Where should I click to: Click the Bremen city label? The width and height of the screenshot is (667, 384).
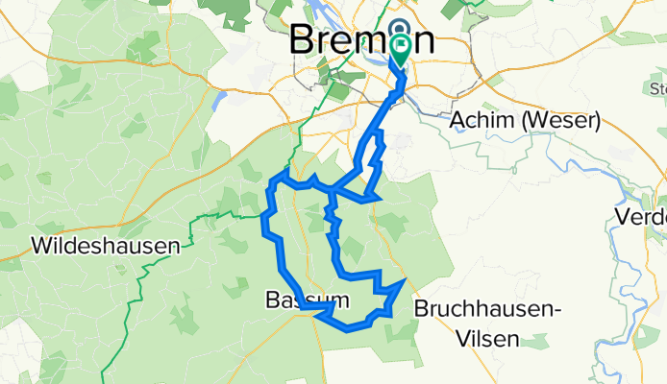pos(360,41)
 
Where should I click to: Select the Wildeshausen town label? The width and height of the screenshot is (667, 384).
pos(106,247)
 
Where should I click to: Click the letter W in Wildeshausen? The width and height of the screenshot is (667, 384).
pos(43,247)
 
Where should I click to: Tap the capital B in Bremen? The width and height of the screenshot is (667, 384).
pos(305,41)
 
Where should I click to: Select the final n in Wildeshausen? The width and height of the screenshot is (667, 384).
pos(174,247)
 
